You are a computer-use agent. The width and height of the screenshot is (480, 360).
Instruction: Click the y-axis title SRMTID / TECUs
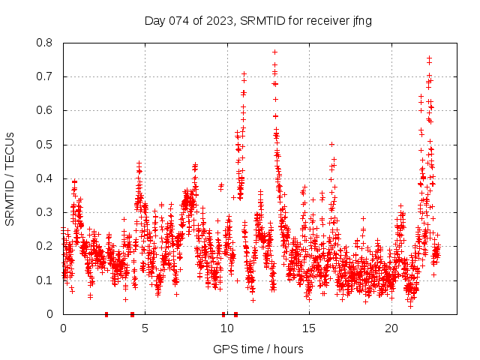[x=10, y=178]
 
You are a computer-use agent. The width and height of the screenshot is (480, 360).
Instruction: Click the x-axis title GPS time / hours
[x=258, y=349]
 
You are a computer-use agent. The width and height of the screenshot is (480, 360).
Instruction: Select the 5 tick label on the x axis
[x=145, y=328]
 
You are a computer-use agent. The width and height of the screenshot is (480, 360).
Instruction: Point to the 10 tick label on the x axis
[x=227, y=328]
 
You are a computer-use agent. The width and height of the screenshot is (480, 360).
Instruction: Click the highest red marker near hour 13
[x=275, y=52]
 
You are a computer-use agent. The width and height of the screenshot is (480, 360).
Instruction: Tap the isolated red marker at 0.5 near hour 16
[x=331, y=144]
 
